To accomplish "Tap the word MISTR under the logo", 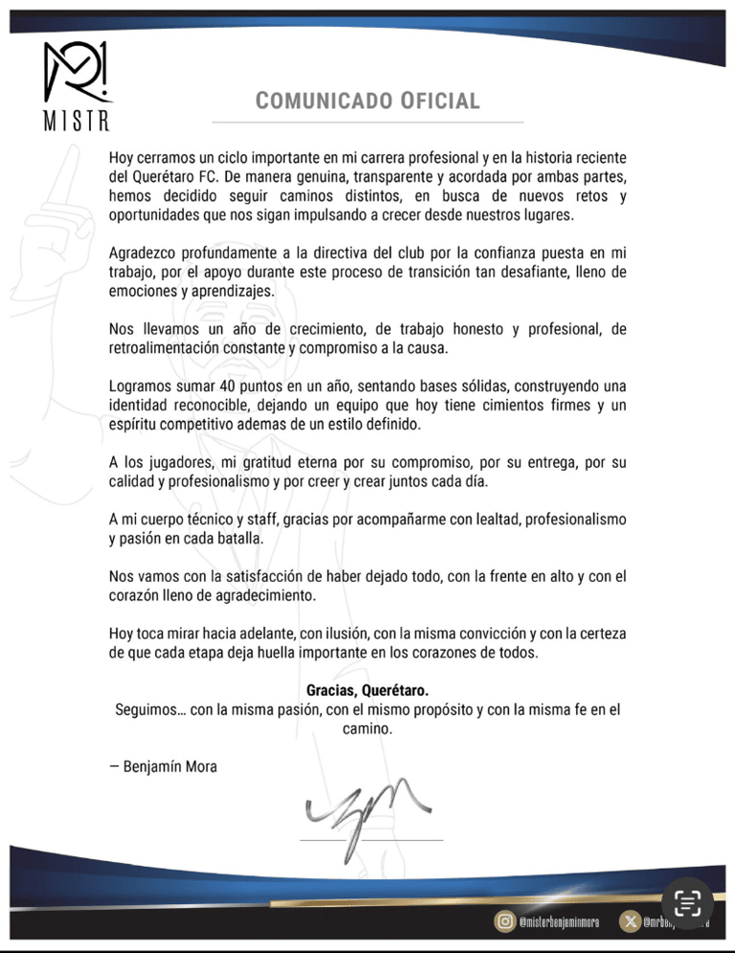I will point(77,122).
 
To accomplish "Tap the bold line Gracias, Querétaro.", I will point(367,690).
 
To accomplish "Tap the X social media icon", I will point(631,921).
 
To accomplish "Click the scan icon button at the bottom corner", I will point(688,904).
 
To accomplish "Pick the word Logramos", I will point(142,386).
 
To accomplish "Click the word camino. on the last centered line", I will point(367,729).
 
